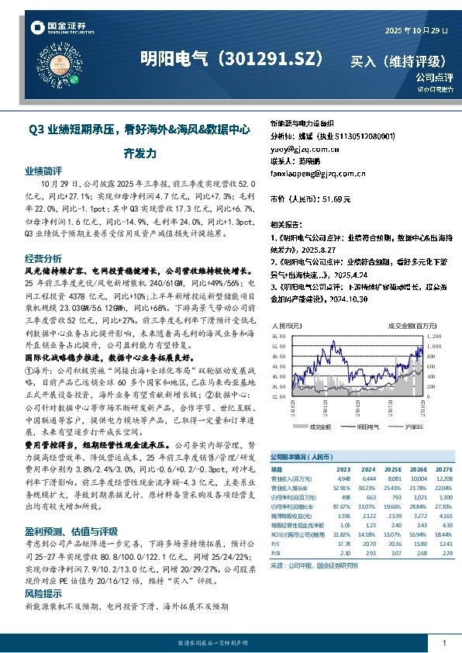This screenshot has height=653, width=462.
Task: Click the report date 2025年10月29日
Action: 417,30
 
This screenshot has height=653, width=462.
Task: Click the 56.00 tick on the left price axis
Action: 277,347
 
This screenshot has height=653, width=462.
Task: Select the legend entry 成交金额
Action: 319,426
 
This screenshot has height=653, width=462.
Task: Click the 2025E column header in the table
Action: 393,470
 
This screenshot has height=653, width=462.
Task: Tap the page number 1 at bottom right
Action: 443,643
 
